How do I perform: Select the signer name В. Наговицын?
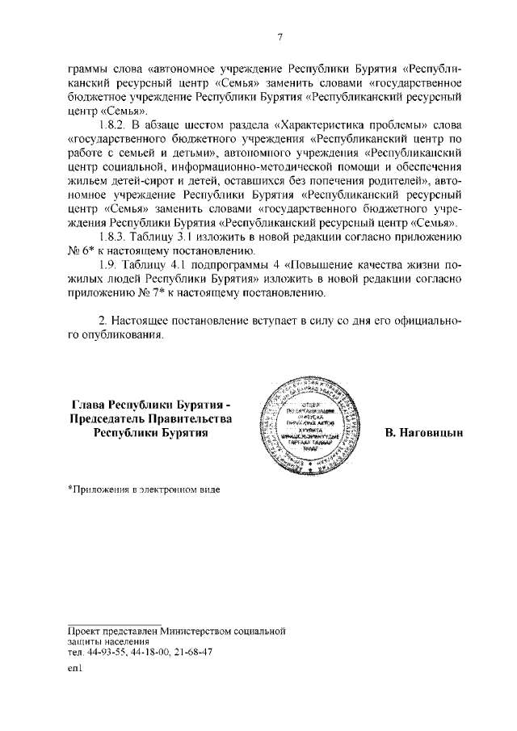point(424,433)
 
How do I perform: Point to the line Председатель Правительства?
point(151,418)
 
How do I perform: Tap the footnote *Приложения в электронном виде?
point(144,489)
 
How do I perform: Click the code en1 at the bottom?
point(75,670)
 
